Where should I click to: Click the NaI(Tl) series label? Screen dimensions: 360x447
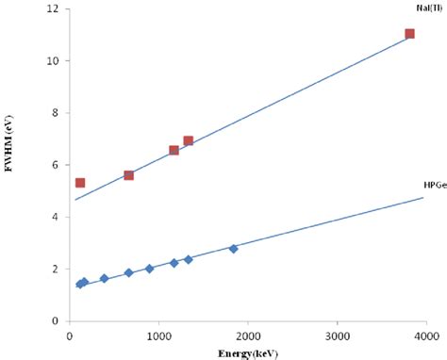pyautogui.click(x=422, y=8)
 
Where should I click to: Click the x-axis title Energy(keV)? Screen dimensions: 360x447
pyautogui.click(x=246, y=352)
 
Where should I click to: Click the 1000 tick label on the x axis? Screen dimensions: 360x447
pyautogui.click(x=158, y=334)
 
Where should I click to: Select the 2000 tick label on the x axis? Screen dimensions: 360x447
pyautogui.click(x=247, y=334)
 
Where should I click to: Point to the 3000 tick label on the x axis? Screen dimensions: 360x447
pyautogui.click(x=337, y=334)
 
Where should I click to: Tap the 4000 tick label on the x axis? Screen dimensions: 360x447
pyautogui.click(x=425, y=334)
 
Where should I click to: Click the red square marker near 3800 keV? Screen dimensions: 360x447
pyautogui.click(x=409, y=34)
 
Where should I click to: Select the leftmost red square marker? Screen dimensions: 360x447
pyautogui.click(x=80, y=183)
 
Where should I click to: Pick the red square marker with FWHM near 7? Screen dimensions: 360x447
pyautogui.click(x=188, y=141)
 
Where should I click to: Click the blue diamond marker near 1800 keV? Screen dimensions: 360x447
pyautogui.click(x=233, y=248)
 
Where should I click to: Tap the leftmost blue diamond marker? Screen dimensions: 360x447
pyautogui.click(x=80, y=284)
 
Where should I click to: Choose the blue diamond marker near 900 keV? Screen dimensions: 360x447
pyautogui.click(x=149, y=269)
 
